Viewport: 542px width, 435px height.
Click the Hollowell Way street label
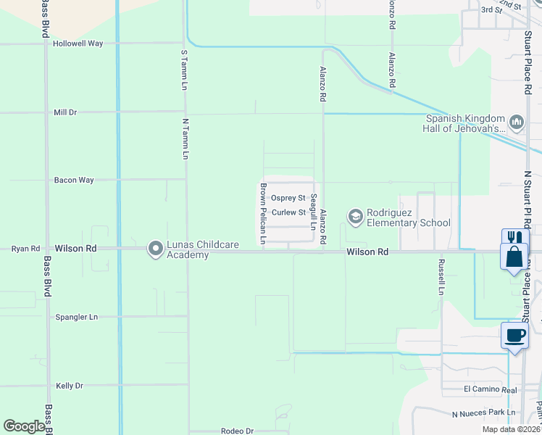(x=78, y=43)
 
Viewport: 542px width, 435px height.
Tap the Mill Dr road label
(x=65, y=113)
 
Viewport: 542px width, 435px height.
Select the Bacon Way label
(x=74, y=180)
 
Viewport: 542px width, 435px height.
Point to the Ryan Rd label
(x=25, y=249)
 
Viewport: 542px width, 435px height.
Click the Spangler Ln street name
(x=76, y=318)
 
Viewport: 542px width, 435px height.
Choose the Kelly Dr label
(x=70, y=386)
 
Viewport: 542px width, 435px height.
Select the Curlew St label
(x=288, y=212)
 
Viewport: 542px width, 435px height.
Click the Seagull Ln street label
(x=314, y=212)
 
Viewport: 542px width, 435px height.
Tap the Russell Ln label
(x=439, y=278)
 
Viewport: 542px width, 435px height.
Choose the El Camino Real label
(x=491, y=389)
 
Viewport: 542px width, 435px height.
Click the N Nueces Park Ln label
(x=483, y=413)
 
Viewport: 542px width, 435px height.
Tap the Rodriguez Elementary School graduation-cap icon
(x=356, y=215)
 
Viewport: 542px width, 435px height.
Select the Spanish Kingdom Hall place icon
(x=517, y=123)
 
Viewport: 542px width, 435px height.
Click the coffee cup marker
(x=514, y=336)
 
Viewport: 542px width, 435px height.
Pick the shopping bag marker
(x=514, y=257)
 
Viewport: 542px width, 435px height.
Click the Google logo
(x=24, y=426)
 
